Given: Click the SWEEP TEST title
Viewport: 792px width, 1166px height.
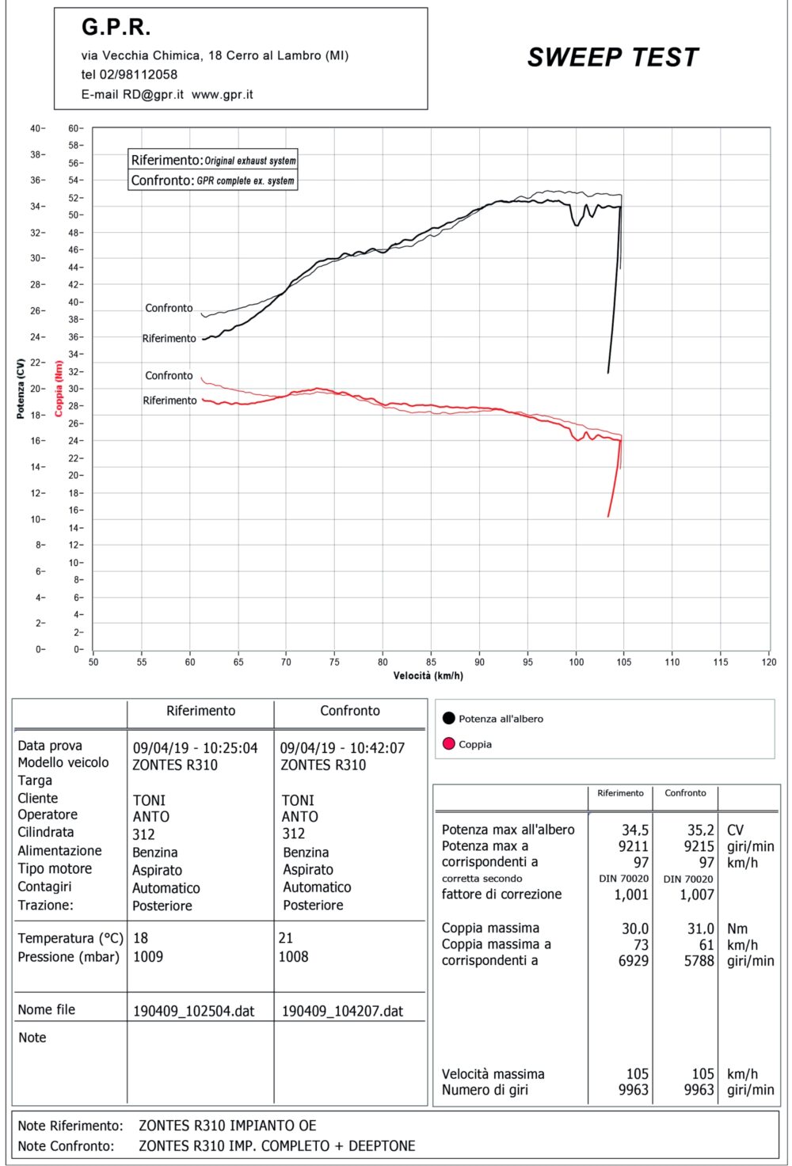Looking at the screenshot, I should pyautogui.click(x=613, y=58).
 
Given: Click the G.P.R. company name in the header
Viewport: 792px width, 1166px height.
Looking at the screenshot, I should pyautogui.click(x=116, y=28).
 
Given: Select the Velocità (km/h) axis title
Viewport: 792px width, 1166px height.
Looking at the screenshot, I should pyautogui.click(x=428, y=676).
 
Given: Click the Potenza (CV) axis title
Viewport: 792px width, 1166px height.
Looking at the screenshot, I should pyautogui.click(x=21, y=388).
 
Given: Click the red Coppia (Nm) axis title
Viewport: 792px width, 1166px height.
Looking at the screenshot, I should pyautogui.click(x=59, y=389).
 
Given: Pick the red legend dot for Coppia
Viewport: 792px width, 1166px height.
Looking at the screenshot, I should pyautogui.click(x=449, y=744).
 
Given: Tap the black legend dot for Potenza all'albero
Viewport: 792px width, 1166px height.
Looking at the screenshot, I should pyautogui.click(x=449, y=719).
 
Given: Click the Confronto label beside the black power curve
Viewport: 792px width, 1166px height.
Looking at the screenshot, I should pyautogui.click(x=169, y=308).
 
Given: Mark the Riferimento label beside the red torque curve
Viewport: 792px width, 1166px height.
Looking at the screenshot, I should pyautogui.click(x=169, y=401).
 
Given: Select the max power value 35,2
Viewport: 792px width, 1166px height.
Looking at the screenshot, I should pyautogui.click(x=700, y=830).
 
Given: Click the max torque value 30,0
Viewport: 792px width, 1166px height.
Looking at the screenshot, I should pyautogui.click(x=634, y=929).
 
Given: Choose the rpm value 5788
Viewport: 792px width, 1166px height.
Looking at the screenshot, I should pyautogui.click(x=699, y=961).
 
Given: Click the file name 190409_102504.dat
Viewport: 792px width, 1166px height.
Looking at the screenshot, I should pyautogui.click(x=193, y=1011).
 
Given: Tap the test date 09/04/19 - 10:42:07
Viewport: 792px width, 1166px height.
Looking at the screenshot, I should pyautogui.click(x=342, y=748).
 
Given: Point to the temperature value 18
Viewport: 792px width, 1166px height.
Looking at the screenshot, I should pyautogui.click(x=140, y=938).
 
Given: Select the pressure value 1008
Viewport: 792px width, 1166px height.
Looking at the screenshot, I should pyautogui.click(x=293, y=957).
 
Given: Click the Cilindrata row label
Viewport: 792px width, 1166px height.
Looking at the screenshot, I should pyautogui.click(x=46, y=833).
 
